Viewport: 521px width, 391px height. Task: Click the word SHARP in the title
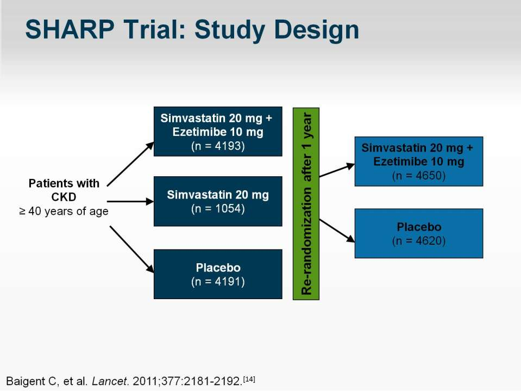coord(70,29)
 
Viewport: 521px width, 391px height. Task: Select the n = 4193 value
coord(218,146)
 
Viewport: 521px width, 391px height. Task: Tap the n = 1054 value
coord(218,208)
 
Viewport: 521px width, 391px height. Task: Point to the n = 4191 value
coord(218,282)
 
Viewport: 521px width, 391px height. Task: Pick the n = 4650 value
coord(419,175)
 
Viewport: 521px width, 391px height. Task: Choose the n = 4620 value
coord(419,240)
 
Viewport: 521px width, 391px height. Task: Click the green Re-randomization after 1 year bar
coord(306,204)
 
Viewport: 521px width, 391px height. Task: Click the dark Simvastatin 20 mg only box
coord(218,201)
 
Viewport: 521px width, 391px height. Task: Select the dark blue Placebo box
coord(218,274)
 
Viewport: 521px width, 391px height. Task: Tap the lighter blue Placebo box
coord(419,233)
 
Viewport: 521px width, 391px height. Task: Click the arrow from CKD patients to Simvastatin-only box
coord(130,202)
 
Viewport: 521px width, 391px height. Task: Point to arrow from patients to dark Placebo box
coord(132,250)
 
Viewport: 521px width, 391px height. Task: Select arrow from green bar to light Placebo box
coord(337,231)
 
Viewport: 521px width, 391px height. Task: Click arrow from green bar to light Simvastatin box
coord(337,170)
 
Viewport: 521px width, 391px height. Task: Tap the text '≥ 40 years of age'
coord(64,211)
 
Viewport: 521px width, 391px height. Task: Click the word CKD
coord(64,197)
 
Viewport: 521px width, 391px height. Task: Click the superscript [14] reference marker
coord(249,378)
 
